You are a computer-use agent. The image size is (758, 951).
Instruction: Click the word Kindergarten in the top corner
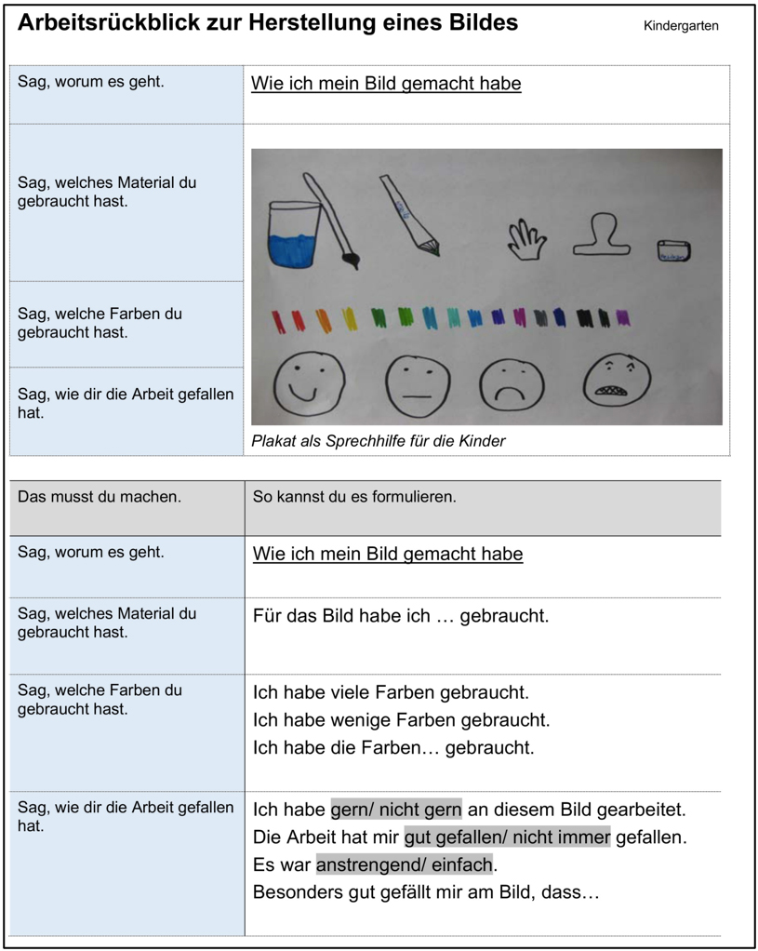[681, 26]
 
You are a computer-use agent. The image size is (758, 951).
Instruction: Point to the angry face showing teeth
[616, 381]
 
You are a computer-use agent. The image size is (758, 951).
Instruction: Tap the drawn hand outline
[527, 239]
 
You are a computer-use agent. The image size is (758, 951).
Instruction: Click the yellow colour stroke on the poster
[349, 319]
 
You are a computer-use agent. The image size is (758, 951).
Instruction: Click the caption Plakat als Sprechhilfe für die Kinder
[378, 441]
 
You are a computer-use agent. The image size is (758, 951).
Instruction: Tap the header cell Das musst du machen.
[100, 497]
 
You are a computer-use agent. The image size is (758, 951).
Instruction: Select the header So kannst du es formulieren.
[354, 497]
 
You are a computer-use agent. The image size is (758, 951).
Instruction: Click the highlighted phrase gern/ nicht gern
[396, 810]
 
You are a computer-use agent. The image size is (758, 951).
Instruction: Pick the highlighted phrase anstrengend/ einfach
[404, 865]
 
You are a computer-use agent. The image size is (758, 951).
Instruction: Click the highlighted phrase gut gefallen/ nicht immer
[507, 837]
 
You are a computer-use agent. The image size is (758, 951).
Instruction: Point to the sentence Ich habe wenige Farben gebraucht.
[401, 720]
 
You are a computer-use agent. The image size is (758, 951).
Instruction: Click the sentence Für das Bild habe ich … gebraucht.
[401, 616]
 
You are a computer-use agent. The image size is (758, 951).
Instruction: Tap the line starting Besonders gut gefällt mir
[426, 893]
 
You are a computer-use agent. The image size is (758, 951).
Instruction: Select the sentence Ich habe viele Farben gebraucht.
[391, 693]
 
